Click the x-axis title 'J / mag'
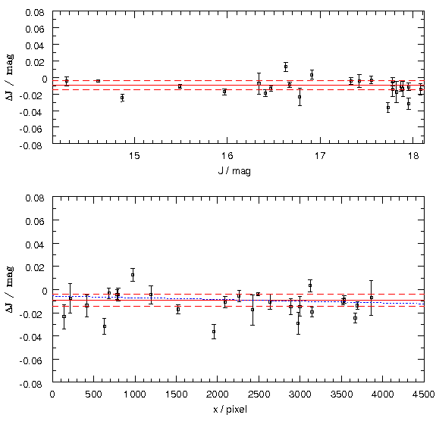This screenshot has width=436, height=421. pos(234,171)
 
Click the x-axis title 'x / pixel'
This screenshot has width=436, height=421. pos(230,410)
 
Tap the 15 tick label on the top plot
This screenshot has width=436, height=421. pos(134,156)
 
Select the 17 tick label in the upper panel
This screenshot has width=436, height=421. pos(320,156)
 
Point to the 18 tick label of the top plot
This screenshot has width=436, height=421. pos(413,156)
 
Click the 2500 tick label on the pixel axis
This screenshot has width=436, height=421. pos(259,394)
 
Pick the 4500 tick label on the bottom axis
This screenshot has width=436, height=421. pos(423,394)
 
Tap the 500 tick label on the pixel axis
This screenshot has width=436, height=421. pos(94,394)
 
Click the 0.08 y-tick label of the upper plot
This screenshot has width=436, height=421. pos(35,13)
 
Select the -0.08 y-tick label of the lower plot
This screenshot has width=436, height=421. pos(32,385)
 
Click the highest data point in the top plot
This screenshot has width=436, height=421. pos(286,67)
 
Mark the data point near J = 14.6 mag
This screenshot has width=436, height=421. pos(98,81)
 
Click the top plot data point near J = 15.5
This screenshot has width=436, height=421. pos(180,86)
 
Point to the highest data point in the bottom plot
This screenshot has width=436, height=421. pos(133,275)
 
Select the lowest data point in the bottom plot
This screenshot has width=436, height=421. pos(214,332)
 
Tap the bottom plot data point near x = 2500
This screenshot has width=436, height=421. pos(258,294)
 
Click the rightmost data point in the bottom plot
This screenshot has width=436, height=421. pos(372,298)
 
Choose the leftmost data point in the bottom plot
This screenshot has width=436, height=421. pos(64,317)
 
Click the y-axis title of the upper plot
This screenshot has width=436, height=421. pos(10,77)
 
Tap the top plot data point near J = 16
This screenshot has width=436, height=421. pos(224,92)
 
